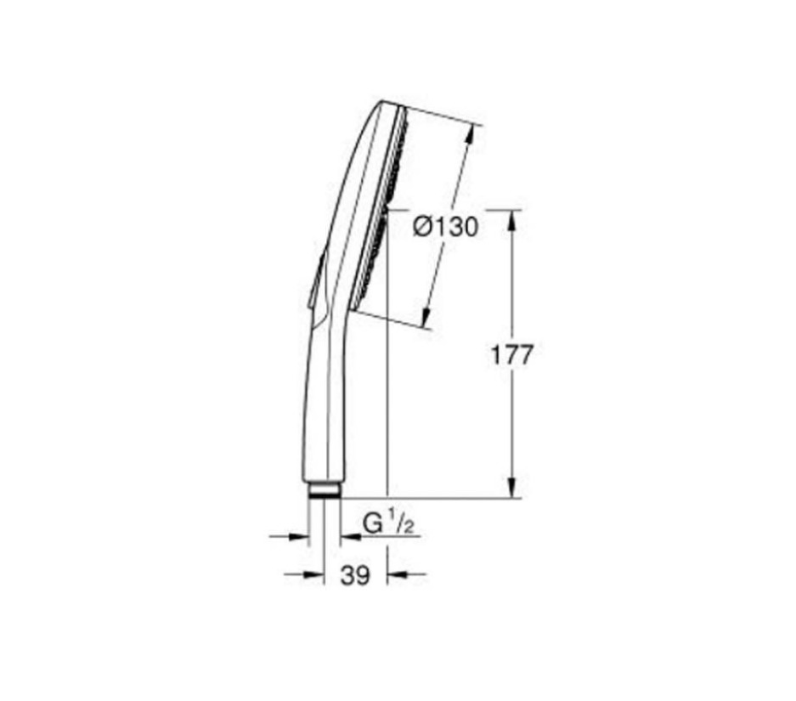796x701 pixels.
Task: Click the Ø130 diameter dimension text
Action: point(444,227)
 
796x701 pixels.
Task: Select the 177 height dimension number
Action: point(511,354)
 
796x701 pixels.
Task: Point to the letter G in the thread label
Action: point(372,525)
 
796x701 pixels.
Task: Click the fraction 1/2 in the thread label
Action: point(400,524)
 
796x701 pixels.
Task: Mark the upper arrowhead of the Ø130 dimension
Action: point(470,134)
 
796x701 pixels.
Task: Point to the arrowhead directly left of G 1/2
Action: point(348,537)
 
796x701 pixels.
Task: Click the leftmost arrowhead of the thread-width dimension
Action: point(298,536)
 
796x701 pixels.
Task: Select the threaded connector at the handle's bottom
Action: point(324,489)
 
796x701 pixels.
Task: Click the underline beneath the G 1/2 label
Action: point(391,537)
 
